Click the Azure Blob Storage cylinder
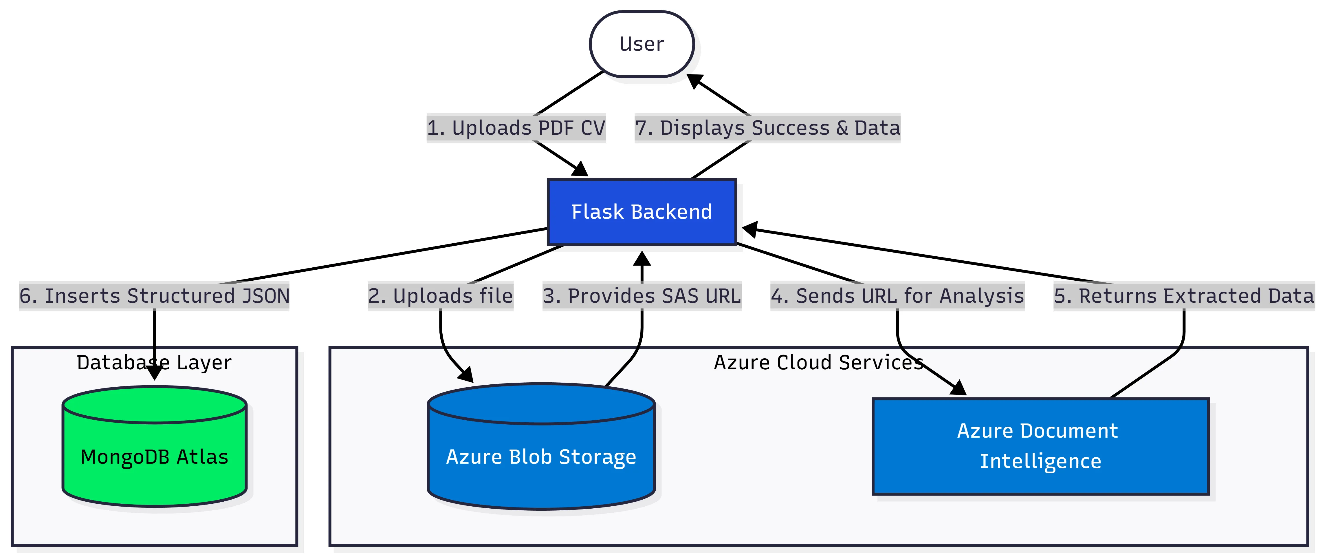click(541, 457)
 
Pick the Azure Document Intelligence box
click(1040, 446)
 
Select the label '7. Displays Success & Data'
click(767, 128)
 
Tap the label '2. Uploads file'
click(440, 296)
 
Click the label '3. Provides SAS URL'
click(642, 296)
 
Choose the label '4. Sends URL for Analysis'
click(897, 296)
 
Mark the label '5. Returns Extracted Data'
click(1184, 296)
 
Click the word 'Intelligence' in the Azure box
click(1040, 461)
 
